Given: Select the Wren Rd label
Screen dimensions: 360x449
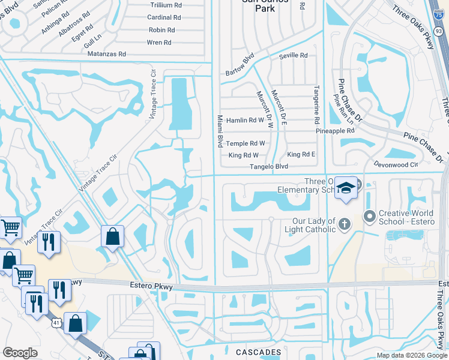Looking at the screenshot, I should click(x=159, y=43).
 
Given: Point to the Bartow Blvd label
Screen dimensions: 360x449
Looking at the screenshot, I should click(x=240, y=62).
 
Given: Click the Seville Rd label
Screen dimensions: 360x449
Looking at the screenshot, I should click(x=293, y=56).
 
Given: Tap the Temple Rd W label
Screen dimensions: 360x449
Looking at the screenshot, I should click(x=246, y=143).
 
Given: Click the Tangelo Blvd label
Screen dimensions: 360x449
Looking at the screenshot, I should click(x=269, y=166).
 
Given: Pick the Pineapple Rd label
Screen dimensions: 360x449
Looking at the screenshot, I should click(x=335, y=130).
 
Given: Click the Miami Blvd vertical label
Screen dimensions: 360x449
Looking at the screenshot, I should click(x=220, y=131).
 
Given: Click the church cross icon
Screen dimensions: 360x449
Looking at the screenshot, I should click(x=344, y=224).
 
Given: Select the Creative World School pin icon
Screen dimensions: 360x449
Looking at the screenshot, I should click(x=369, y=215).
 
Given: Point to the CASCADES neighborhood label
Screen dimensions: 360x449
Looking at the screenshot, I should click(x=258, y=352).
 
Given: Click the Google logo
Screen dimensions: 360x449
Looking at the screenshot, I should click(x=20, y=353).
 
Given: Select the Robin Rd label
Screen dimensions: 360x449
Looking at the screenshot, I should click(x=161, y=30).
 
